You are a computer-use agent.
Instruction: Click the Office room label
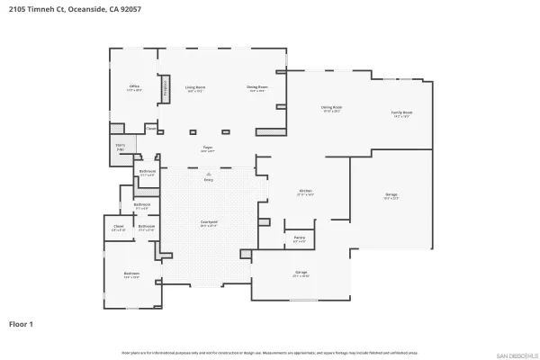[134, 87]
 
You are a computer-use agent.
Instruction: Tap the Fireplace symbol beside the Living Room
[166, 88]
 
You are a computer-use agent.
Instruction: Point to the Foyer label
[207, 148]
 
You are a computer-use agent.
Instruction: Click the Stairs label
[119, 146]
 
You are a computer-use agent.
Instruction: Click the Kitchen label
[305, 191]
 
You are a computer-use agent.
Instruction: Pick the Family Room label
[401, 112]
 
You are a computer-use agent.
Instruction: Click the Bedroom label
[131, 275]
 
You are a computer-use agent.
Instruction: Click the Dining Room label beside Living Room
[256, 87]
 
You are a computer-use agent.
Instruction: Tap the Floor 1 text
[22, 322]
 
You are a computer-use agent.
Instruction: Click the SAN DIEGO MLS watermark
[517, 353]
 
